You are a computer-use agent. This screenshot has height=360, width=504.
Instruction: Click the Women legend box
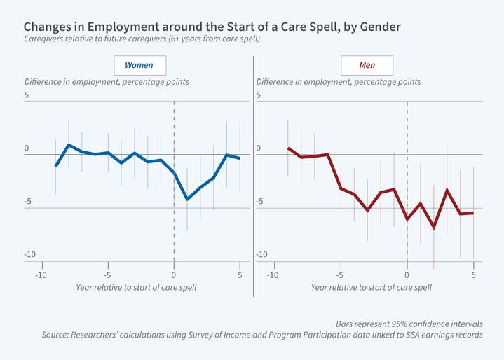[x=139, y=65]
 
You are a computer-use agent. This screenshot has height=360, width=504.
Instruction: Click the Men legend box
[x=367, y=65]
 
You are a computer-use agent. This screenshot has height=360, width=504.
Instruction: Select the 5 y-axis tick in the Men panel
[x=259, y=95]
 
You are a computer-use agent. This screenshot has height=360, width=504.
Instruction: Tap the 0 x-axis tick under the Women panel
[x=174, y=275]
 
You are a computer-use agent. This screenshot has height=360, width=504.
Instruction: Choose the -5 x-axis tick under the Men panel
[x=340, y=275]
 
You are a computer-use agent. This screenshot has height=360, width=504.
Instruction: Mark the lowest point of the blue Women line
[x=187, y=200]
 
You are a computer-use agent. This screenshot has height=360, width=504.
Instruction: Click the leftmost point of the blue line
[x=55, y=166]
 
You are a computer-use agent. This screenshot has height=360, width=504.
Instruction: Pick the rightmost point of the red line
[x=474, y=213]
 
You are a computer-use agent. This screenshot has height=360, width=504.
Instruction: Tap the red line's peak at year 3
[x=447, y=190]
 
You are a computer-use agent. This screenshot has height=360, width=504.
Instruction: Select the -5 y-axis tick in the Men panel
[x=259, y=202]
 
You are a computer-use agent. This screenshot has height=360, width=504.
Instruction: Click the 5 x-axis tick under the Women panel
[x=240, y=275]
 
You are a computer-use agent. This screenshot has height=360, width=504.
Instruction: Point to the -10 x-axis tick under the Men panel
[x=273, y=275]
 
